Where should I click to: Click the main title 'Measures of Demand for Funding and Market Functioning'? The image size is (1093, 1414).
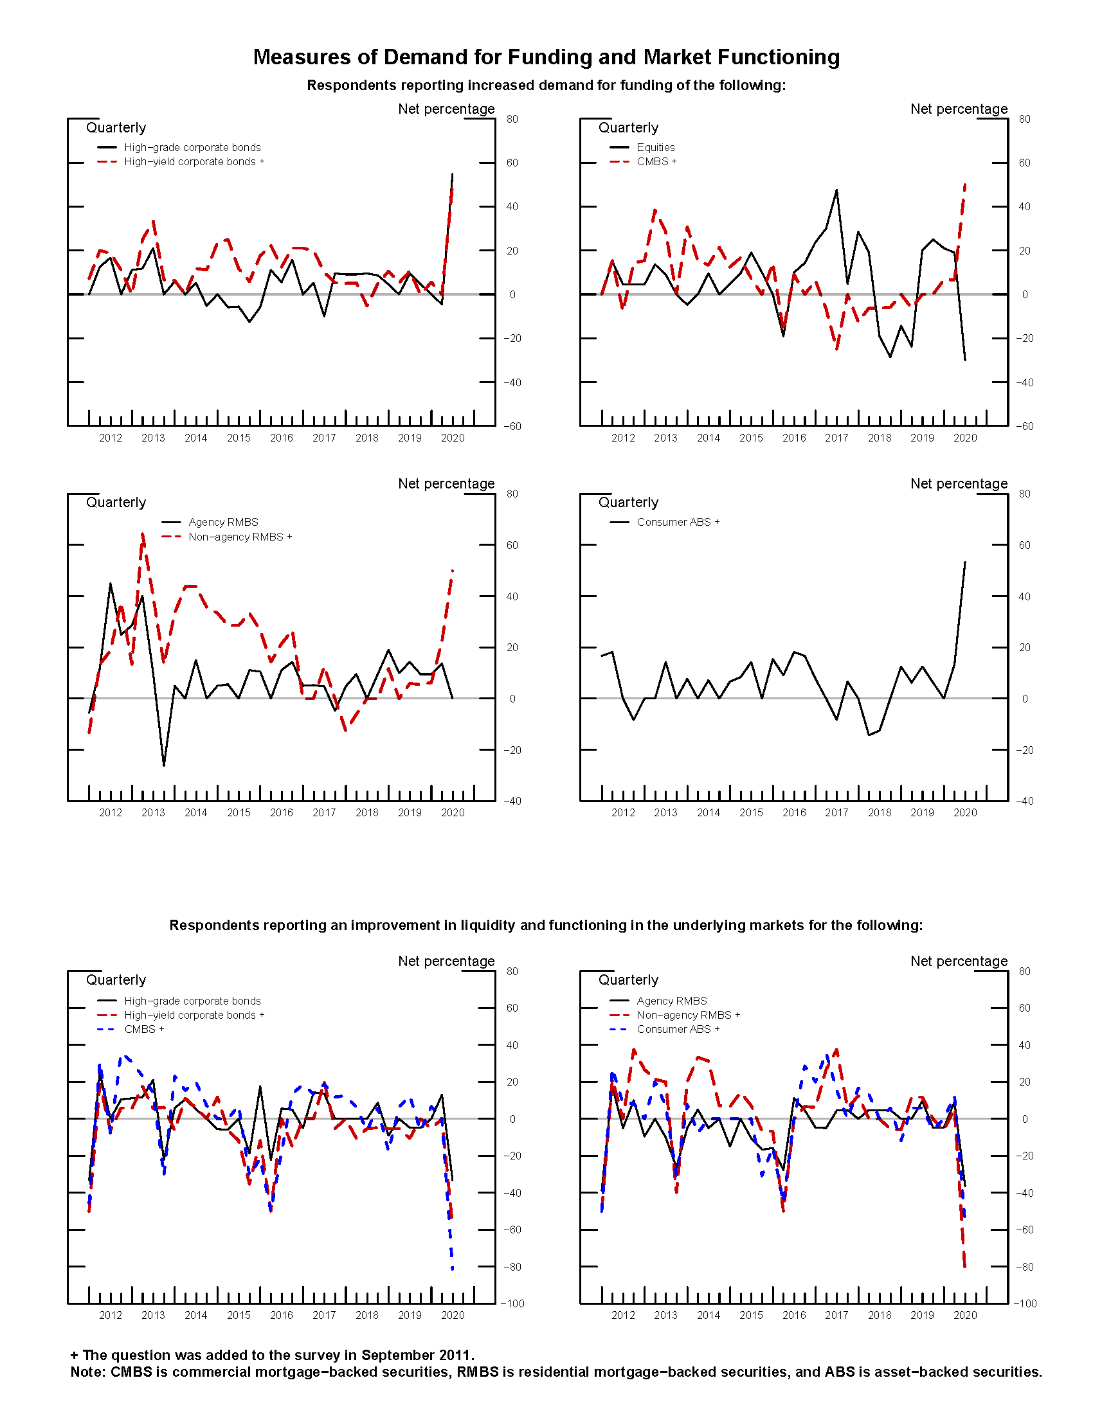[546, 57]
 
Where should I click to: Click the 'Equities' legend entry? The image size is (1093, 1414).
[655, 148]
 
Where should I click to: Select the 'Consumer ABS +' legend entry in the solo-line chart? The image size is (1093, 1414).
[677, 522]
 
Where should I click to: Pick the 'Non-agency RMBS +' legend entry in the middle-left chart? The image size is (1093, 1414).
[240, 537]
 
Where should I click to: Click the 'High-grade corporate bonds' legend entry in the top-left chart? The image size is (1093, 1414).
[192, 148]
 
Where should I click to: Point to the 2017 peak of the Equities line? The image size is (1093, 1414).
[836, 190]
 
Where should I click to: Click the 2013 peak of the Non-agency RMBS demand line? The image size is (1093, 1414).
[143, 534]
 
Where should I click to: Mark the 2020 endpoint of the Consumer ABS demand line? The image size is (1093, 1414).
[965, 562]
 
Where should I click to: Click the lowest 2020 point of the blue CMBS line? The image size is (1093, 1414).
[452, 1269]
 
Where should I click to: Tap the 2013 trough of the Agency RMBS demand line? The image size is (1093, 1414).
[164, 765]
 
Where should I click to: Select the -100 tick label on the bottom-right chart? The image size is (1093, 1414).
[1024, 1303]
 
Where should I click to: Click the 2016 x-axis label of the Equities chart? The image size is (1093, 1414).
[794, 438]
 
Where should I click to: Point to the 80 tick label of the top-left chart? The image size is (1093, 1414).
[512, 119]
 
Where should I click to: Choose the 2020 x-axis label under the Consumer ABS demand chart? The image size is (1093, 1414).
[965, 812]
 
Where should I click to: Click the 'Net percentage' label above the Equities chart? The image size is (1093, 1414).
[959, 109]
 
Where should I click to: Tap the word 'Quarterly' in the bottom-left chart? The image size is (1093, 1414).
[116, 980]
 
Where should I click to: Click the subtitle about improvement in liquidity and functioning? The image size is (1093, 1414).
[546, 925]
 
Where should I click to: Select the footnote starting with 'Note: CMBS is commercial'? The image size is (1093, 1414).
[556, 1372]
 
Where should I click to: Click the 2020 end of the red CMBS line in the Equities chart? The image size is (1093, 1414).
[965, 184]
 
